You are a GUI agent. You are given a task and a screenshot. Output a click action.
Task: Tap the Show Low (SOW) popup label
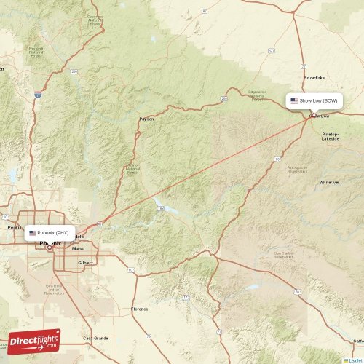pyautogui.click(x=314, y=100)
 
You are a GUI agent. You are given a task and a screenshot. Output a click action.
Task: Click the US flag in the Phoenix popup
pyautogui.click(x=32, y=233)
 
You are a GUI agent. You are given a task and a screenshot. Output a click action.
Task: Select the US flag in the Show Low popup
pyautogui.click(x=293, y=100)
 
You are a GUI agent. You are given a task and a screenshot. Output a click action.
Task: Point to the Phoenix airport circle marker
pyautogui.click(x=50, y=247)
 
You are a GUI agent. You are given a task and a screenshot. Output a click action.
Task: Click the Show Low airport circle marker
pyautogui.click(x=314, y=114)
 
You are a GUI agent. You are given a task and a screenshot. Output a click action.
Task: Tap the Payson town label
pyautogui.click(x=146, y=118)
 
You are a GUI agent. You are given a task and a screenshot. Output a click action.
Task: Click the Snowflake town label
pyautogui.click(x=314, y=77)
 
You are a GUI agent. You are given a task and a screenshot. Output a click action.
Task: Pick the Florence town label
pyautogui.click(x=139, y=309)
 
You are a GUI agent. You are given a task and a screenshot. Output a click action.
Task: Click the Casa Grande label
pyautogui.click(x=95, y=338)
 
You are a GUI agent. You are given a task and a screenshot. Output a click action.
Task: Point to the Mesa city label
pyautogui.click(x=80, y=248)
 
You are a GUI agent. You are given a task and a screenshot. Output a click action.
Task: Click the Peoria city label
pyautogui.click(x=13, y=227)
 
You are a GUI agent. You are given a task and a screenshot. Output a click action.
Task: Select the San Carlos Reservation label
pyautogui.click(x=282, y=256)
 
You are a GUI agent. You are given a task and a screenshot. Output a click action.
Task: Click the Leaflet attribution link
pyautogui.click(x=355, y=360)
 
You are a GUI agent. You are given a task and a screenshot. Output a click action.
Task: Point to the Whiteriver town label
pyautogui.click(x=329, y=182)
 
